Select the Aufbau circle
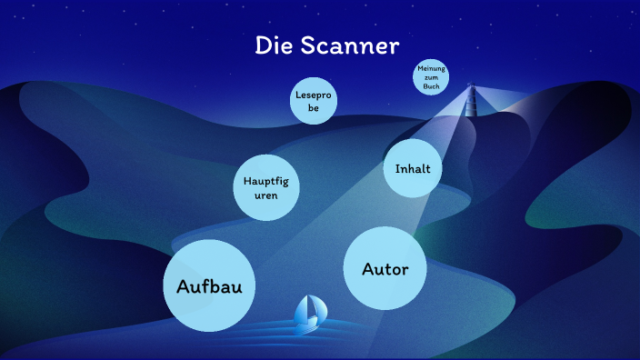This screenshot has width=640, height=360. pyautogui.click(x=209, y=285)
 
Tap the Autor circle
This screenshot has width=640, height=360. pyautogui.click(x=385, y=269)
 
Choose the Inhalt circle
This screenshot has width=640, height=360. pyautogui.click(x=413, y=169)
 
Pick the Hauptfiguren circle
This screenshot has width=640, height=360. pyautogui.click(x=265, y=187)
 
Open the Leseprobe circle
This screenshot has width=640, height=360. pyautogui.click(x=314, y=101)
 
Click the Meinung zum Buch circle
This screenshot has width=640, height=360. pyautogui.click(x=431, y=78)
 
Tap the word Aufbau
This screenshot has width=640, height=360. pyautogui.click(x=209, y=286)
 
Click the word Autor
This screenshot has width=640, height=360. pyautogui.click(x=385, y=269)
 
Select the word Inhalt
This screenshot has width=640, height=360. pyautogui.click(x=413, y=169)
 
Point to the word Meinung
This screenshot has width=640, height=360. pyautogui.click(x=431, y=70)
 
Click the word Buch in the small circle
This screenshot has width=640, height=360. pyautogui.click(x=431, y=87)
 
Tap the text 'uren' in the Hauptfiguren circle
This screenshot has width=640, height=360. pyautogui.click(x=265, y=195)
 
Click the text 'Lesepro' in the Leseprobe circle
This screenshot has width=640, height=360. pyautogui.click(x=314, y=94)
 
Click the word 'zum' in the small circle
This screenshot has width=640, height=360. pyautogui.click(x=431, y=78)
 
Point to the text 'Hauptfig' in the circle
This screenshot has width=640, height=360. pyautogui.click(x=265, y=180)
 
